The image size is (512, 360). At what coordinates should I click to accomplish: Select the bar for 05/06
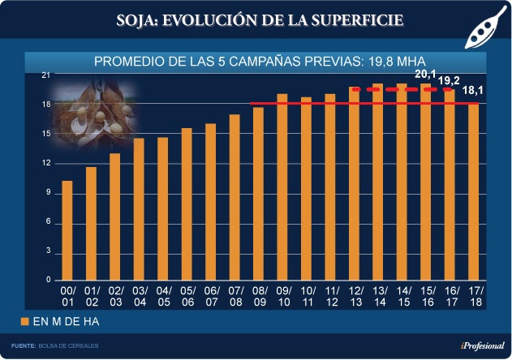click(187, 204)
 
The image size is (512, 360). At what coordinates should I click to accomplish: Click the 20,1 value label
click(425, 75)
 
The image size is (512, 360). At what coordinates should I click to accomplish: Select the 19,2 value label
click(449, 81)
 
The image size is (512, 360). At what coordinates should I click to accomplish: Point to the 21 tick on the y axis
click(45, 75)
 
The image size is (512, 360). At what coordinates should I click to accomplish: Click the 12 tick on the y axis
click(45, 164)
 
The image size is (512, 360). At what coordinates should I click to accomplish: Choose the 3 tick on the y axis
click(48, 251)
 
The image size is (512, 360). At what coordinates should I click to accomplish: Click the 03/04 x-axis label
click(140, 295)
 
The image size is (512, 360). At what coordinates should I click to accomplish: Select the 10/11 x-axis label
click(307, 295)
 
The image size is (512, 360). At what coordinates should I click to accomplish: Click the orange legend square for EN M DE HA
click(24, 322)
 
